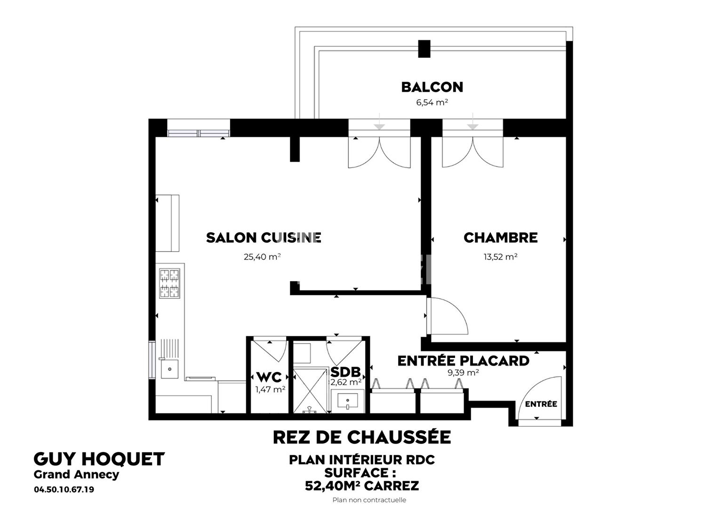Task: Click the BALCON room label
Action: pos(431,87)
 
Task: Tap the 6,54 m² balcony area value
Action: pos(431,102)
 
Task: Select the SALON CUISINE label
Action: pos(264,238)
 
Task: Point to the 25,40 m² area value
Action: pos(262,257)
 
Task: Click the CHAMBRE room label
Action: pos(500,238)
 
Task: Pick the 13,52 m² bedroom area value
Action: pos(500,257)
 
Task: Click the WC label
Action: pos(269,377)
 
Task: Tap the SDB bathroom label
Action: pos(345,373)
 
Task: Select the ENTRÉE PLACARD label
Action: pos(463,361)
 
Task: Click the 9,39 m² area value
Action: pos(463,373)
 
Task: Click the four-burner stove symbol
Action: pos(169,283)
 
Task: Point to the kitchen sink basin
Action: pos(169,369)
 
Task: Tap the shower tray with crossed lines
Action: pos(310,390)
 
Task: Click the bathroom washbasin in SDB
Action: pos(348,401)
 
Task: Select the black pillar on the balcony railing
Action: pos(424,48)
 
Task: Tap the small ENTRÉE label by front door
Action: pos(541,404)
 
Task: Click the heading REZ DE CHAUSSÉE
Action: pos(361,437)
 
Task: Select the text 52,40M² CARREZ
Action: pos(361,485)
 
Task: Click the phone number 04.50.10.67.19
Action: pos(64,490)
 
